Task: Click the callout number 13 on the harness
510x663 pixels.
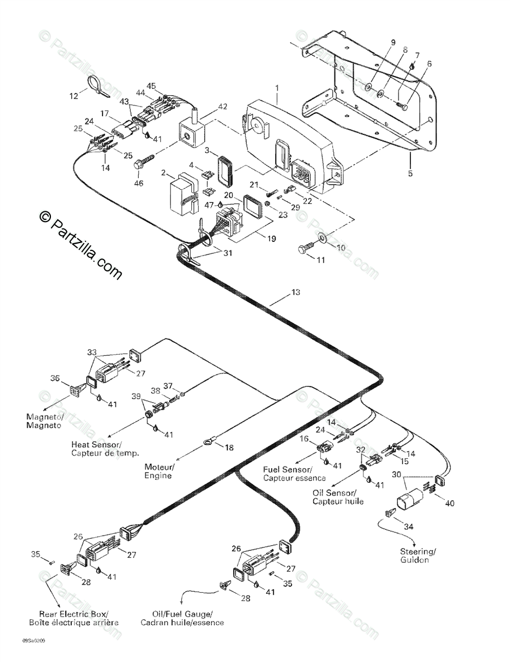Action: click(295, 292)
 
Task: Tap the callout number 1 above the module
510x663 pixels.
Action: click(277, 88)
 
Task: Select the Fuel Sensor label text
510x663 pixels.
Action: click(287, 474)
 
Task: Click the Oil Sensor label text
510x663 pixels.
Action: click(334, 497)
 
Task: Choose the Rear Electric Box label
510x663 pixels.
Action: click(74, 618)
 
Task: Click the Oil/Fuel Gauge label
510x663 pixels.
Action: click(183, 618)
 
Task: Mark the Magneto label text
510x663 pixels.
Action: click(45, 420)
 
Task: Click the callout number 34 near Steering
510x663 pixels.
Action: click(408, 526)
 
